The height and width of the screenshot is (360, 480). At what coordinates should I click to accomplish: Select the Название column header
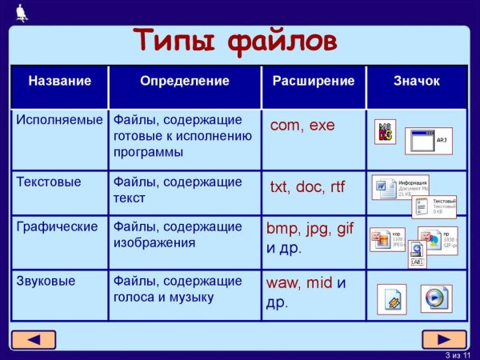pyautogui.click(x=60, y=82)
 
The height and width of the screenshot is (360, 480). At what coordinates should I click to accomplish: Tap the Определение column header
pyautogui.click(x=184, y=82)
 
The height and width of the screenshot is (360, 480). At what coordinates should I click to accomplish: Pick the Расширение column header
pyautogui.click(x=314, y=82)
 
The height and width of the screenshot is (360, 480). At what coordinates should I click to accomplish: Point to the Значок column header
pyautogui.click(x=416, y=82)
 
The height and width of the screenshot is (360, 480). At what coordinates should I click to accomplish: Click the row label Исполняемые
pyautogui.click(x=60, y=120)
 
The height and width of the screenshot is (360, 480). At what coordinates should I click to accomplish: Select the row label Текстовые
pyautogui.click(x=49, y=182)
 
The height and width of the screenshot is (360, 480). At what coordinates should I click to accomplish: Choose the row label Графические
pyautogui.click(x=57, y=226)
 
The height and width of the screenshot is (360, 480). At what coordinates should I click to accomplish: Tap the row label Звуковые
pyautogui.click(x=46, y=281)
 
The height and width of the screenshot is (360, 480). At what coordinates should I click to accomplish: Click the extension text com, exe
pyautogui.click(x=302, y=126)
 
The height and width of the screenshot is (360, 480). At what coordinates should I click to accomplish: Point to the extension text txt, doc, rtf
pyautogui.click(x=307, y=187)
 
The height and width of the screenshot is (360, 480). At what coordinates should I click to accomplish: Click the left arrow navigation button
pyautogui.click(x=34, y=339)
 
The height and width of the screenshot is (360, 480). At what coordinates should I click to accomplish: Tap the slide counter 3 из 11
pyautogui.click(x=459, y=354)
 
